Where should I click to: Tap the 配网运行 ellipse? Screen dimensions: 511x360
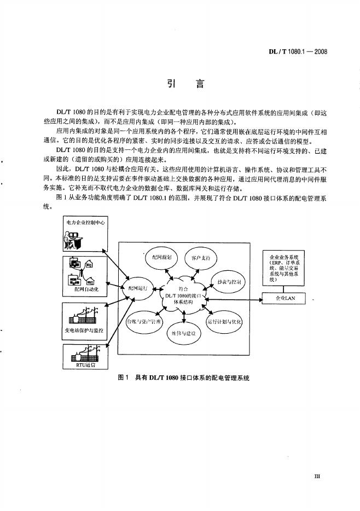[137, 288]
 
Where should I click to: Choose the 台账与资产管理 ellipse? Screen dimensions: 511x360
[143, 321]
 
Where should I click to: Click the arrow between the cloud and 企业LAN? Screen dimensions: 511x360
[234, 299]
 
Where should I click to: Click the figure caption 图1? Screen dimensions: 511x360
[123, 378]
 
